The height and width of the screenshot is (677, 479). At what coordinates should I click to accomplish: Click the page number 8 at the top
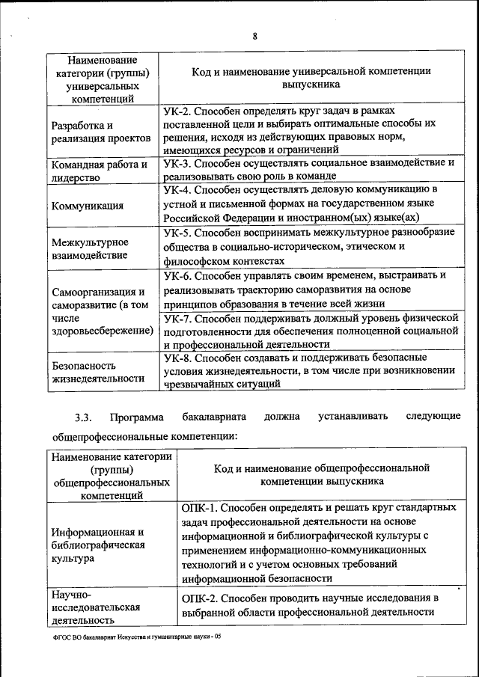tap(254, 36)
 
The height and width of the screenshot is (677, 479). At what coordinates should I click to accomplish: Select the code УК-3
tap(177, 162)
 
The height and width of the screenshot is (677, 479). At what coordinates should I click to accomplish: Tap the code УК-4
tap(177, 190)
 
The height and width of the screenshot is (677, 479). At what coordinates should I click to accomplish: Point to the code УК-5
tap(177, 233)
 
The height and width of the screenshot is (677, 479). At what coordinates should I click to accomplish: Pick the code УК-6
tap(177, 276)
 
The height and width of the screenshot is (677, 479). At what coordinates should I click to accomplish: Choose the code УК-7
tap(177, 317)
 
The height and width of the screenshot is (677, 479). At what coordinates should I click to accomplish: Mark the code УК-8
tap(177, 358)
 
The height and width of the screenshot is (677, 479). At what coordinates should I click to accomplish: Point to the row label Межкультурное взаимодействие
tap(90, 248)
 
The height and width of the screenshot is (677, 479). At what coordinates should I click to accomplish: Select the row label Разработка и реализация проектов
tap(100, 132)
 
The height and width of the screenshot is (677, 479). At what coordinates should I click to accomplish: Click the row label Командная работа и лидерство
tap(98, 171)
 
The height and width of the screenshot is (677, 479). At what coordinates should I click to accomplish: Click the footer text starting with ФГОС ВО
tap(132, 637)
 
